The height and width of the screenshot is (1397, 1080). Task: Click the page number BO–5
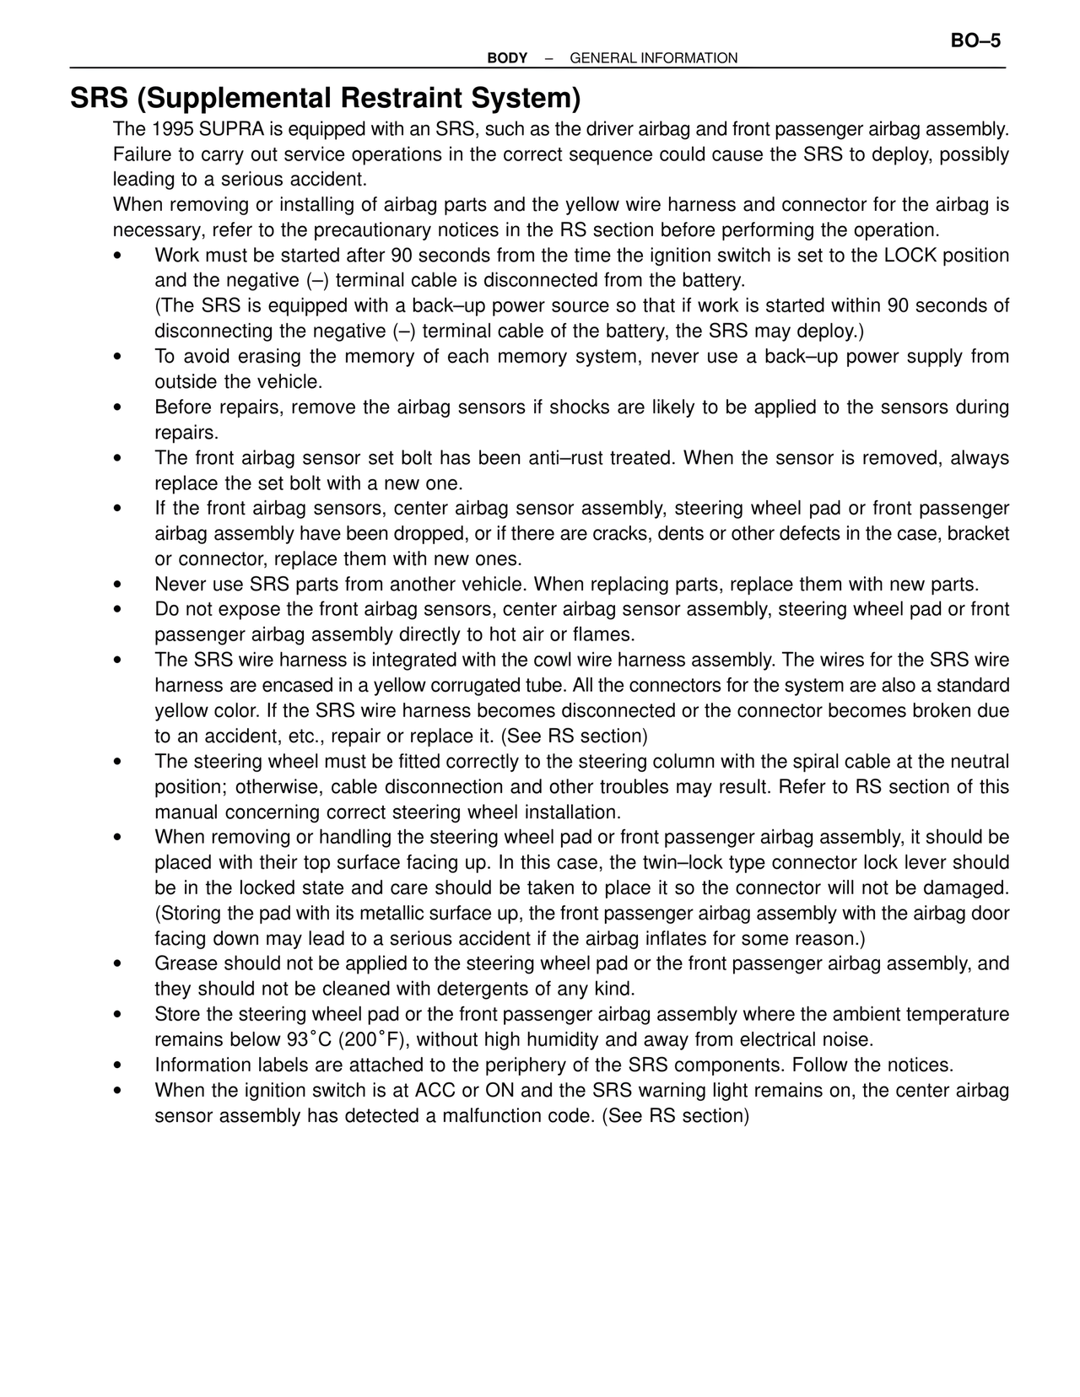(975, 40)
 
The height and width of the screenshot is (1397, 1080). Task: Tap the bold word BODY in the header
(507, 58)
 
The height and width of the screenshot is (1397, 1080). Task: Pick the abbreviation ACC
(435, 1090)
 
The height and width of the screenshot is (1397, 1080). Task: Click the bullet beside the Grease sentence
(118, 965)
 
